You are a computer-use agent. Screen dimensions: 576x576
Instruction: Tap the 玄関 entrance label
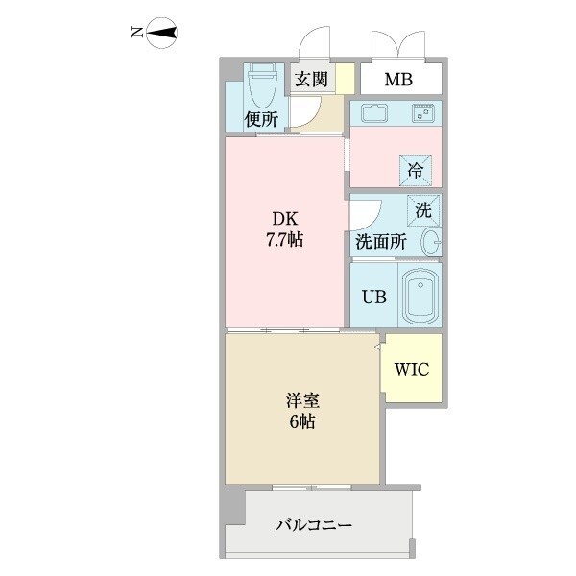[310, 80]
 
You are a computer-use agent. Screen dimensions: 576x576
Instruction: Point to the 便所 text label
[261, 120]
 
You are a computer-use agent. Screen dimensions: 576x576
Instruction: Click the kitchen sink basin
[374, 112]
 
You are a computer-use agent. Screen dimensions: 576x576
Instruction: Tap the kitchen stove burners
[423, 112]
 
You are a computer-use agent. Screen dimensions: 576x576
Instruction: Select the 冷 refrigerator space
[416, 170]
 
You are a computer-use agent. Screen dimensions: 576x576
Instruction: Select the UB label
[374, 297]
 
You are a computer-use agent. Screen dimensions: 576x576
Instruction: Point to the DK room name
[284, 218]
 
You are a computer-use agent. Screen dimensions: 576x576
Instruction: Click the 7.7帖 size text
[284, 239]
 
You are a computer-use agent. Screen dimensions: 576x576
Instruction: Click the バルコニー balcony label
[314, 526]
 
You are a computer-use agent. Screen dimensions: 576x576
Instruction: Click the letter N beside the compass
[136, 35]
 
